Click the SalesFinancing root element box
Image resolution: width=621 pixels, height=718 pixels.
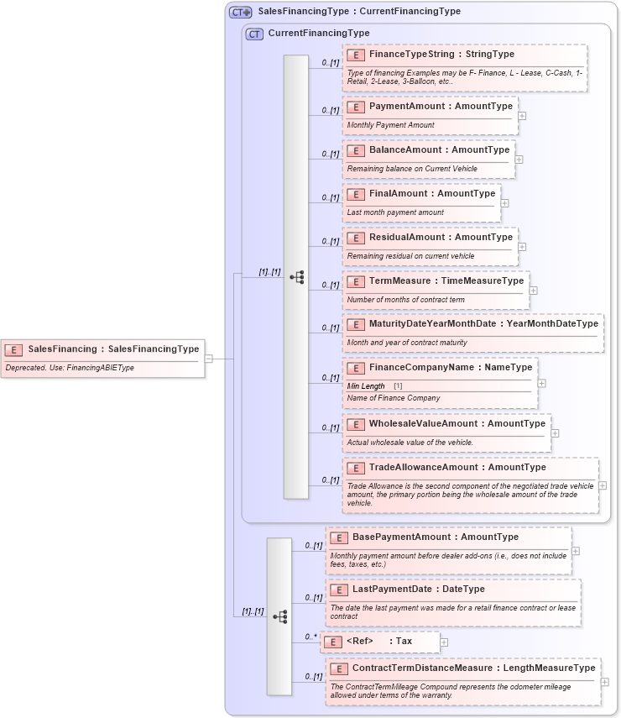104,349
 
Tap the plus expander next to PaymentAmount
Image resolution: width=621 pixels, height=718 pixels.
522,116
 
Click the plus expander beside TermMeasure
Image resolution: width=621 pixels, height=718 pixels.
534,291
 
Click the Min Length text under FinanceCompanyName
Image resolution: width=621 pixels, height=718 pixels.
366,386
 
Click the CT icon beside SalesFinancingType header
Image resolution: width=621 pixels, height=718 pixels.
241,13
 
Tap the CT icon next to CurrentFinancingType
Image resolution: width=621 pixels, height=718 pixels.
254,34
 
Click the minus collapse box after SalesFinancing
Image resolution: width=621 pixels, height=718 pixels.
209,358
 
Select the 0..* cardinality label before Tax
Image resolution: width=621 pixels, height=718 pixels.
310,637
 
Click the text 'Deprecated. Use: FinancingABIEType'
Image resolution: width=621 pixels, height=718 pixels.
70,368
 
